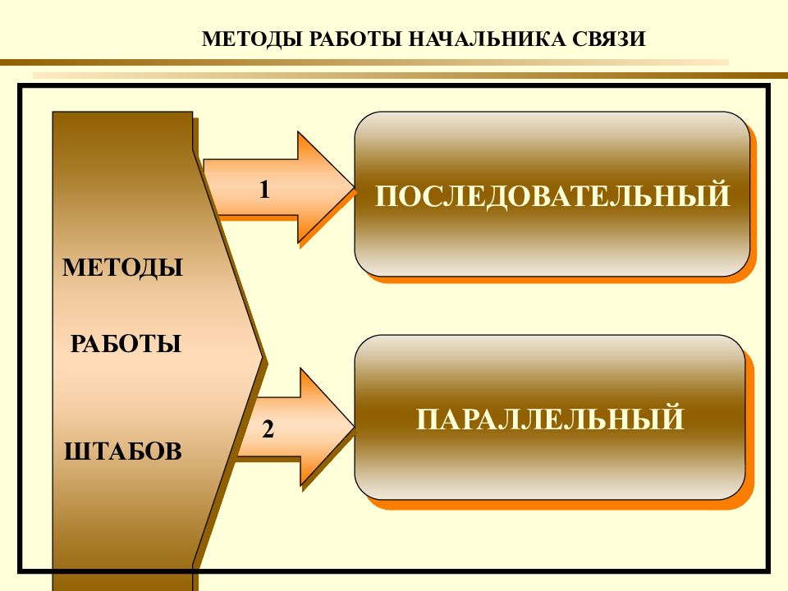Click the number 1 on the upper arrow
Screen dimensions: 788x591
264,190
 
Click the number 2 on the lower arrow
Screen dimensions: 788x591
268,429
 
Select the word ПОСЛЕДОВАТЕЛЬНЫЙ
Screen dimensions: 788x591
552,195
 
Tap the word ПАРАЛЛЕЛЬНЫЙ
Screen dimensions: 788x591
550,419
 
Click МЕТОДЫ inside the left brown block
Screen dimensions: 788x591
122,268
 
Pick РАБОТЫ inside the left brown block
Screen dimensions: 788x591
126,344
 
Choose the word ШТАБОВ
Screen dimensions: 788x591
123,451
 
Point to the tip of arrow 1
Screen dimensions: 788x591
355,189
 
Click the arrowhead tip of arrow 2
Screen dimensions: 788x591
355,427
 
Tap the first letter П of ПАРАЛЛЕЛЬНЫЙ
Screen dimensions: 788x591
427,419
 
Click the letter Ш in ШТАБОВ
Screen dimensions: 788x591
76,451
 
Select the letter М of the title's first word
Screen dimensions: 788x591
212,39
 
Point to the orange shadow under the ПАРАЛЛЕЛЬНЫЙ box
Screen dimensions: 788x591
559,504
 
